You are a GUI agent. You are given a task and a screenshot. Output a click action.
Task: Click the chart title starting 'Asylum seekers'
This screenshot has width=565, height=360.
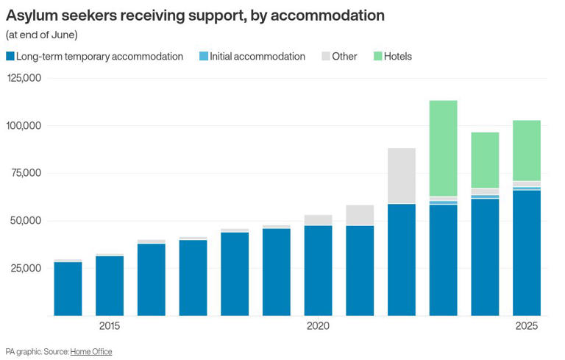pos(195,15)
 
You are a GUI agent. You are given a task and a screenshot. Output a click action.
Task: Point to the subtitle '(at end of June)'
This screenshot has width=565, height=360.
pos(41,35)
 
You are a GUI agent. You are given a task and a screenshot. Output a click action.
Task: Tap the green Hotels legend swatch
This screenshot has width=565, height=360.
pos(378,57)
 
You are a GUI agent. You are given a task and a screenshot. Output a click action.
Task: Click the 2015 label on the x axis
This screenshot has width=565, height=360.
pos(110,326)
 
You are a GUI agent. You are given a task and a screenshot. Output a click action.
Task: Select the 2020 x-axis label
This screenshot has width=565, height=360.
pos(318,326)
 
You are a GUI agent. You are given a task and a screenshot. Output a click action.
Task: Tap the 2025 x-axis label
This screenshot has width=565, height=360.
pos(526,326)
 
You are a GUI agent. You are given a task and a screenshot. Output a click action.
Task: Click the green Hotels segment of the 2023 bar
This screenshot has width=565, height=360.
pos(443,147)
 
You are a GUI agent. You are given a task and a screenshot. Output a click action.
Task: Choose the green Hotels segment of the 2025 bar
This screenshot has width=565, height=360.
pos(526,150)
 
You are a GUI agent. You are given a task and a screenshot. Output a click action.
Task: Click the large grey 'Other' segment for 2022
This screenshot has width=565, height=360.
pos(401,175)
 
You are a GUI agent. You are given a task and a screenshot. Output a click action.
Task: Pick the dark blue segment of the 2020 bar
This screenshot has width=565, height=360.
pos(318,270)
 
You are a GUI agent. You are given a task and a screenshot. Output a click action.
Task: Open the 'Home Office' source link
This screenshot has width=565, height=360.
pos(91,352)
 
